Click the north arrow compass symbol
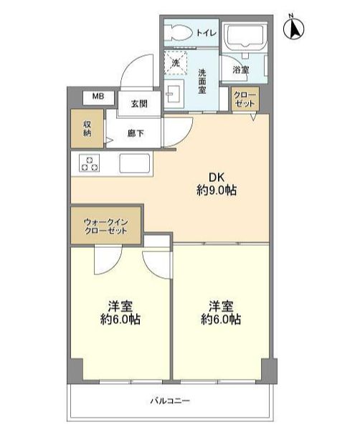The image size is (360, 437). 293,28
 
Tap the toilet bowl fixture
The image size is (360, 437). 179,32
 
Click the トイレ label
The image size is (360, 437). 207,33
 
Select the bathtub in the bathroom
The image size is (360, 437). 245,37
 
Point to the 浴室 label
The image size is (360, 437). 241,69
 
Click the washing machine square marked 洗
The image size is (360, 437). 176,63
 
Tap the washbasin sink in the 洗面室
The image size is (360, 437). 174,94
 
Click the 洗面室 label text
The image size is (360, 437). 202,82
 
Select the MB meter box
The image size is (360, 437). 98,97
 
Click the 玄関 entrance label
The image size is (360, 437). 139,104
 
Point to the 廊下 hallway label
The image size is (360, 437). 136,133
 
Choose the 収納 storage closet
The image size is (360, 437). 87,128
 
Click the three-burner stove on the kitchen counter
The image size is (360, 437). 90,163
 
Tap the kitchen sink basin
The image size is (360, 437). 135,163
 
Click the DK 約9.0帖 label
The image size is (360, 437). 217,184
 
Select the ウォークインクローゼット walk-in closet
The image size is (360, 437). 105,226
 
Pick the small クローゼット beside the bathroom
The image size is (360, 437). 245,99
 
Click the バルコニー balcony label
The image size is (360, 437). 170,401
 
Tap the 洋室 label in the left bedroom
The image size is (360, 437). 120,307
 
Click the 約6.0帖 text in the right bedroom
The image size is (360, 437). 221,320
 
